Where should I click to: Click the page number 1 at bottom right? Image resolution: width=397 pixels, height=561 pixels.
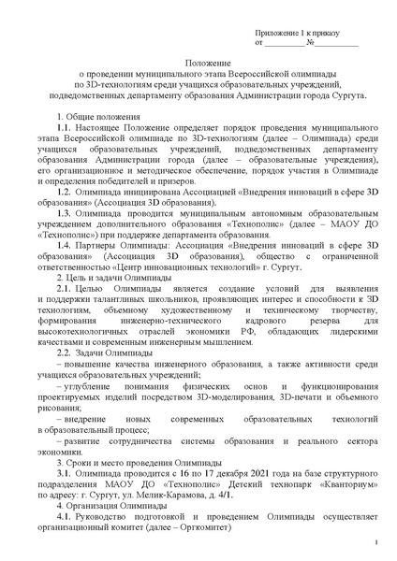pyautogui.click(x=374, y=543)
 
